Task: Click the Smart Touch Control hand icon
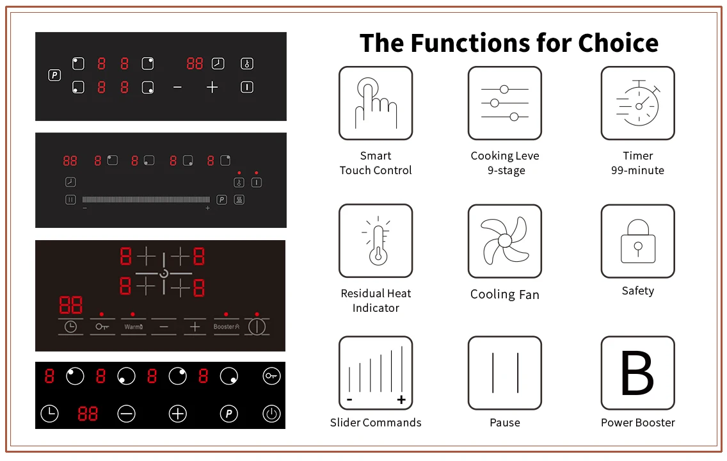[x=376, y=103]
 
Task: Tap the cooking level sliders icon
[x=504, y=103]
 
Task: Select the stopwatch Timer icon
[x=637, y=103]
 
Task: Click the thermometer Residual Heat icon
[x=376, y=241]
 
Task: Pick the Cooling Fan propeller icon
[x=504, y=241]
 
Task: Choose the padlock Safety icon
[x=637, y=241]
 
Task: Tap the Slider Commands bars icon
[x=376, y=373]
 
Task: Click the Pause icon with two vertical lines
[x=504, y=373]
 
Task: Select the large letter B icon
[x=637, y=373]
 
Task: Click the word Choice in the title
[x=618, y=44]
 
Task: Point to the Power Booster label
[x=637, y=423]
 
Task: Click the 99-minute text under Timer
[x=637, y=170]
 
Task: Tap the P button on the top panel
[x=54, y=76]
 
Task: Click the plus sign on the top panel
[x=212, y=88]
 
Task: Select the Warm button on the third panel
[x=133, y=327]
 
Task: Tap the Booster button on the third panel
[x=226, y=327]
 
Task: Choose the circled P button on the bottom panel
[x=228, y=414]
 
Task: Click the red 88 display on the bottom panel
[x=88, y=414]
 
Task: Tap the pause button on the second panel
[x=70, y=200]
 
